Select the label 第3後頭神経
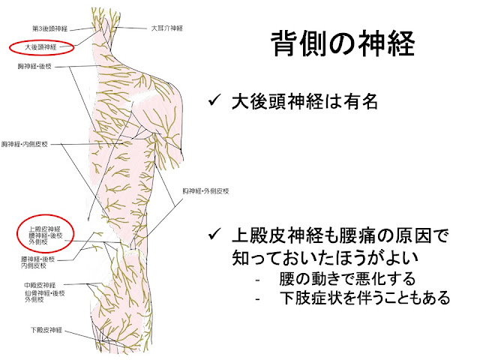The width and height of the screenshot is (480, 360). pos(52,28)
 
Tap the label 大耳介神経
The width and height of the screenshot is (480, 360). pos(166,28)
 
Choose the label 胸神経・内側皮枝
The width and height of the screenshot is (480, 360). pos(25,142)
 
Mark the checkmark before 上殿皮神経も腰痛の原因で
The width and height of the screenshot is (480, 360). pos(215,238)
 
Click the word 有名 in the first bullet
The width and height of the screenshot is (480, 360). pos(355,101)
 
